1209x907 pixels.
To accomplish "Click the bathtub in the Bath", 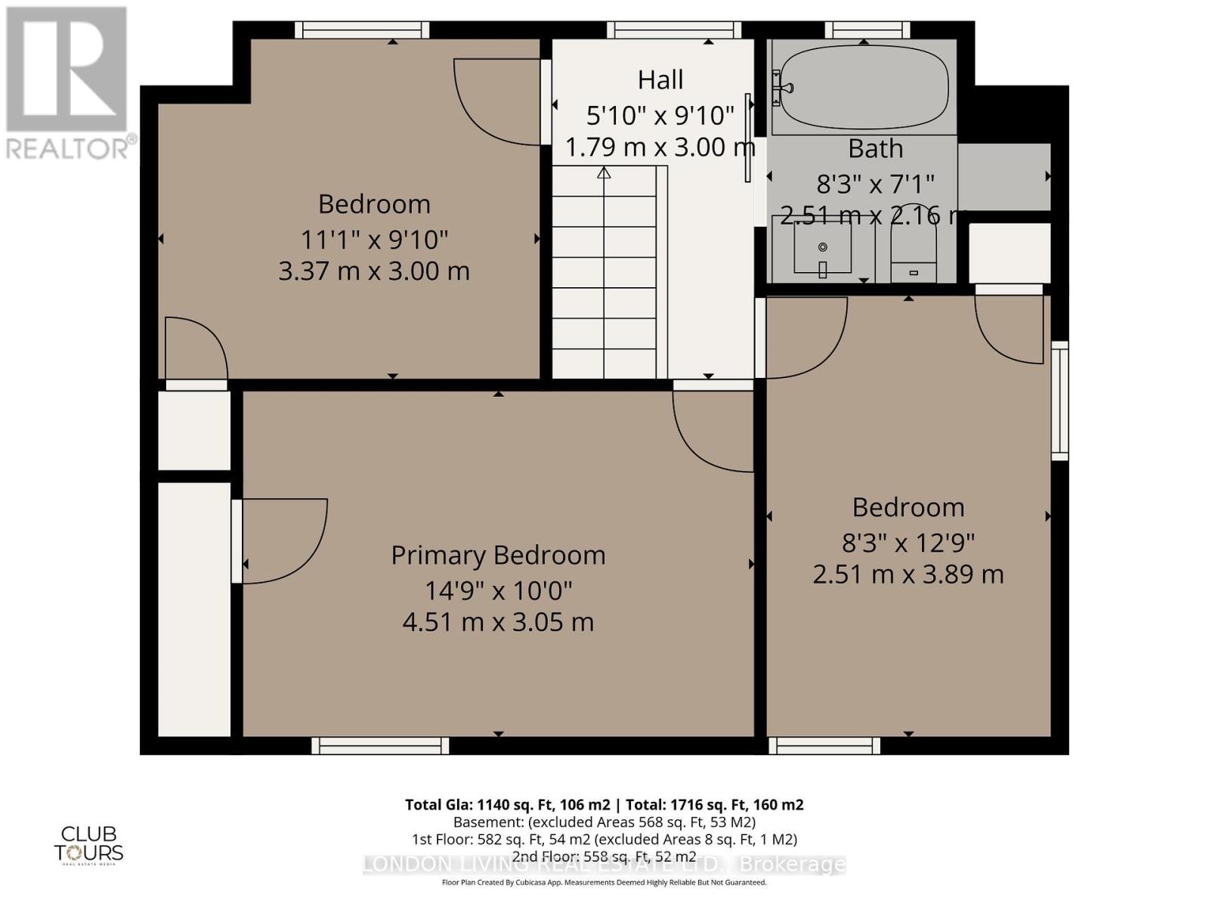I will coord(864,89).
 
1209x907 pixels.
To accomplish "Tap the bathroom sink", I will coord(822,248).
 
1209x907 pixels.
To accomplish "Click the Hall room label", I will coord(660,79).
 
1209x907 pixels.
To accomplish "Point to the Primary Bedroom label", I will coord(498,556).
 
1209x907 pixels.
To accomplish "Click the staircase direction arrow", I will coord(604,173).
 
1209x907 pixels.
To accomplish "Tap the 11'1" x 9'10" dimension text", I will coord(374,240).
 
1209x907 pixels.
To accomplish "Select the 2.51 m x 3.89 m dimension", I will coord(908,574).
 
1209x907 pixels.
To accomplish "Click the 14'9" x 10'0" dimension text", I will coord(498,590).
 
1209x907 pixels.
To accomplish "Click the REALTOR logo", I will coord(67,83).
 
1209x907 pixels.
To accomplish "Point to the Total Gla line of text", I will coord(604,804).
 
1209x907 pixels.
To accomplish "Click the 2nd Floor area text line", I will coord(604,856).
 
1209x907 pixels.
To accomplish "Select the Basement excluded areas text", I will coord(604,822).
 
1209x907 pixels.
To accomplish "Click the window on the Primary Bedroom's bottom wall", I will coord(380,746).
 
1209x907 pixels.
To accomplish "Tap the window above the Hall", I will coord(673,29).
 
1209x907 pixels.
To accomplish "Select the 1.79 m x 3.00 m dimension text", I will coord(660,147).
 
